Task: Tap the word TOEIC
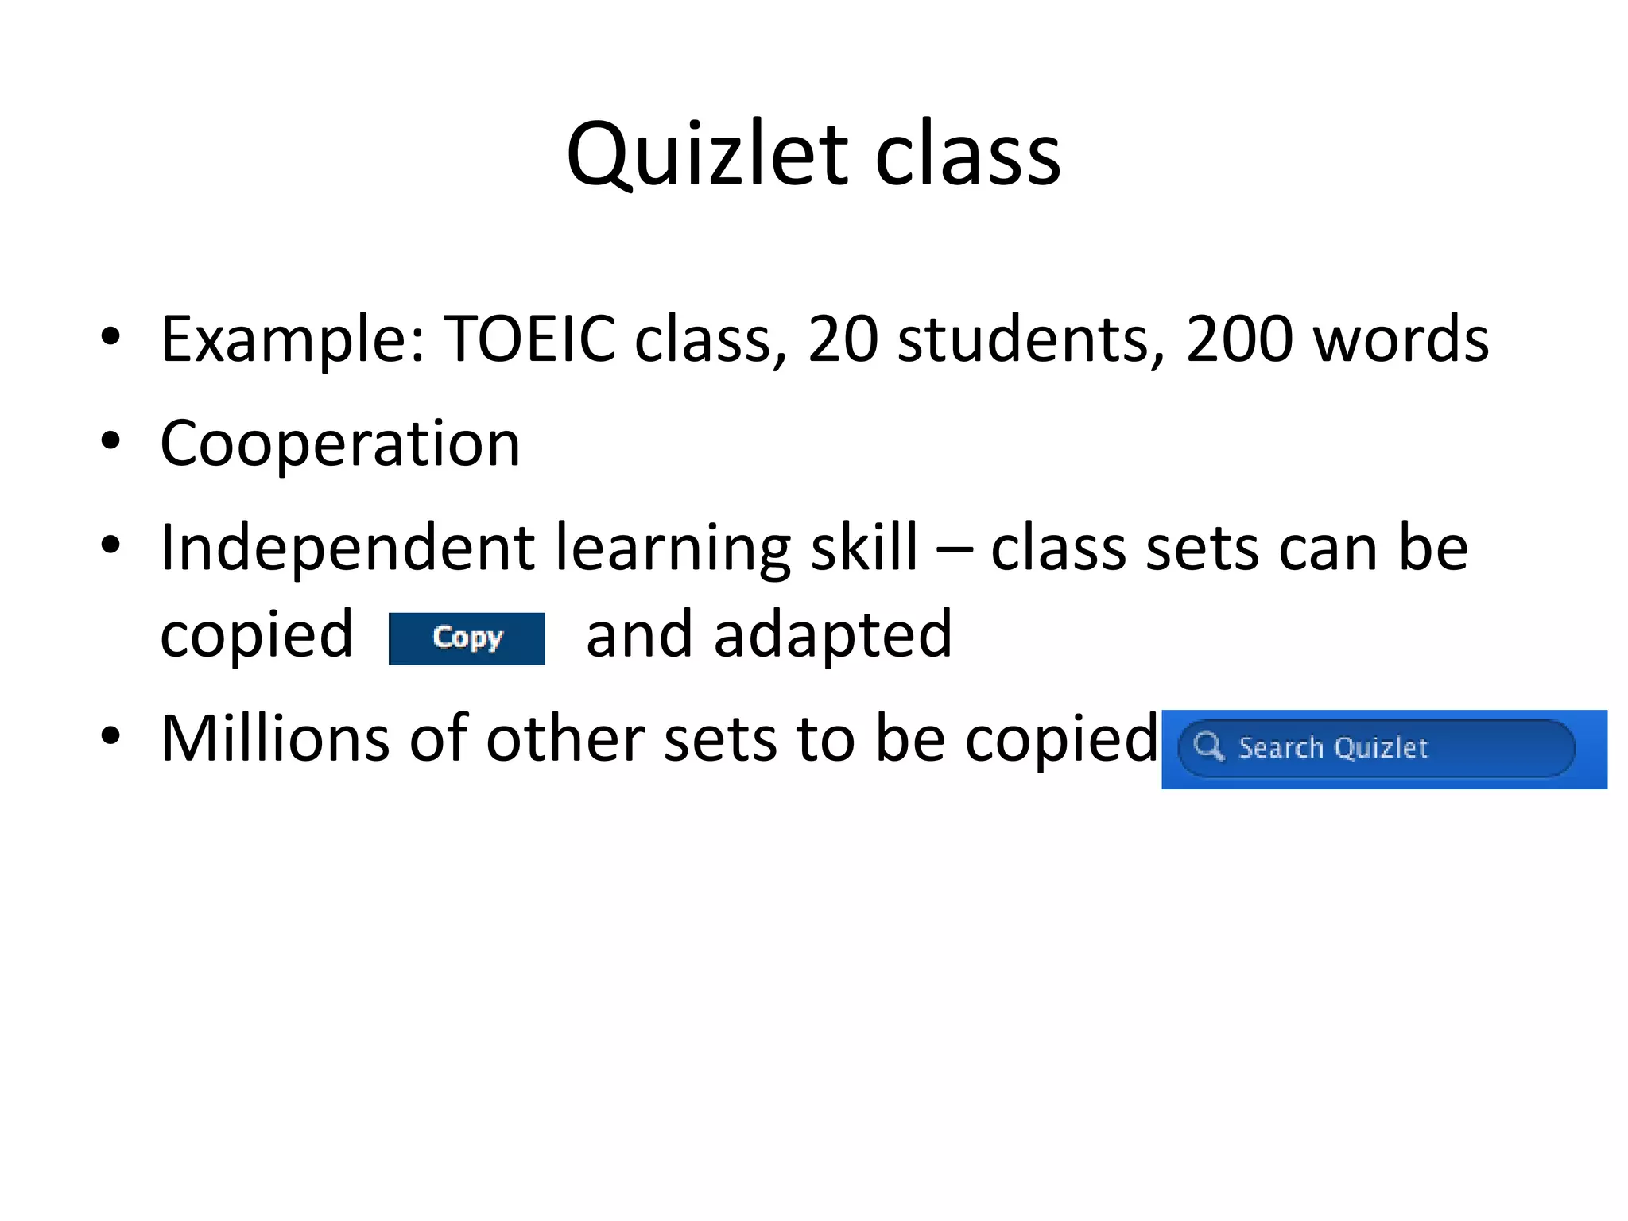click(529, 339)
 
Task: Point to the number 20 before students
click(843, 339)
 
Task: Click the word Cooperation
click(340, 444)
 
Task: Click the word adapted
click(833, 636)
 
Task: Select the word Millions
click(274, 739)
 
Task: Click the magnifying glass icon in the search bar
click(1208, 746)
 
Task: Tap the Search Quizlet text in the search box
click(1333, 748)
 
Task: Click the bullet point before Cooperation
click(110, 440)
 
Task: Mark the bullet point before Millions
click(110, 736)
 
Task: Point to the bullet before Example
click(110, 336)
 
